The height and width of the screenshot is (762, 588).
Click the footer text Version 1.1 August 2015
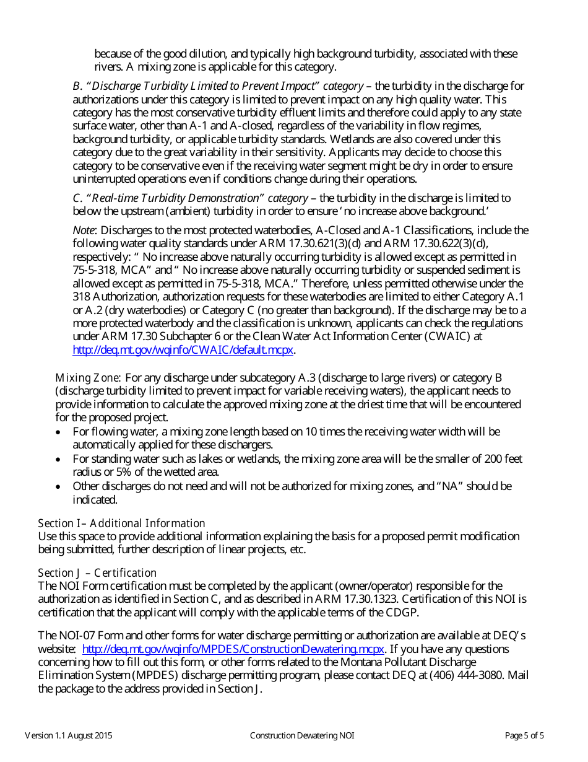(x=69, y=736)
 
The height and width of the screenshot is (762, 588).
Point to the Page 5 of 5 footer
(x=524, y=736)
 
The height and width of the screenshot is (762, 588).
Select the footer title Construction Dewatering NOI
(x=302, y=736)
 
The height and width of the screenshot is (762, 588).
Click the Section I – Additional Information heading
(x=121, y=523)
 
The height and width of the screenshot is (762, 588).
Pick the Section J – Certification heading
(x=97, y=573)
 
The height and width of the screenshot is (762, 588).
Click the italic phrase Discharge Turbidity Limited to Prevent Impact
(x=202, y=85)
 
